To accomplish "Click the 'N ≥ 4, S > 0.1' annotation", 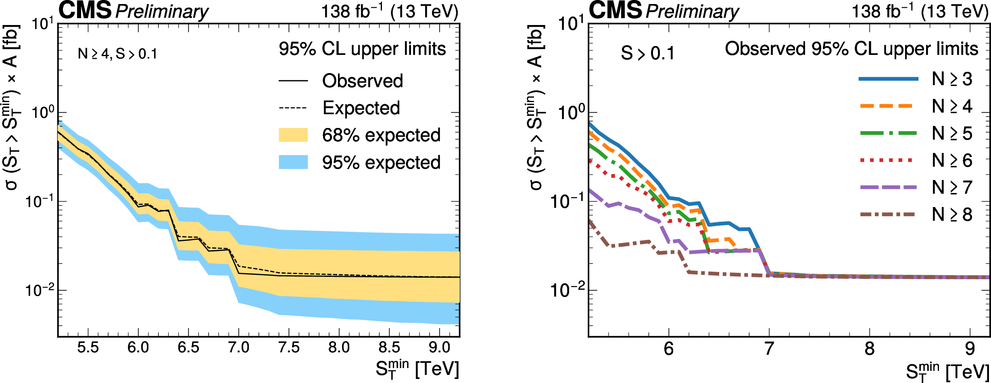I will coord(117,54).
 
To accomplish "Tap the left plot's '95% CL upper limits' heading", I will coord(362,49).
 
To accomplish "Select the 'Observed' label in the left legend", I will coord(362,81).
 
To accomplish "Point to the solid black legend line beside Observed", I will coord(293,81).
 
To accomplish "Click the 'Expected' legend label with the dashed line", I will coord(361,108).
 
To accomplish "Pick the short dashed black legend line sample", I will coord(293,108).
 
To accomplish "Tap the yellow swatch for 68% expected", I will coord(293,135).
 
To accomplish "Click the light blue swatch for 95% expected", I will coord(293,162).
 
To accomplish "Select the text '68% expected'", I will coord(381,135).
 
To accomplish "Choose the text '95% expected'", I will coord(381,163).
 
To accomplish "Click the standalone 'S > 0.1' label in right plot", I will coord(647,53).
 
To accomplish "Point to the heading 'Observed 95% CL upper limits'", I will coord(851,49).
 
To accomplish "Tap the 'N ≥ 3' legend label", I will coord(952,79).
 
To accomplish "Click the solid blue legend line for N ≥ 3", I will coord(888,79).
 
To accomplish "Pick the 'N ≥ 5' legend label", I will coord(952,133).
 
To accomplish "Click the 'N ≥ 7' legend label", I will coord(952,187).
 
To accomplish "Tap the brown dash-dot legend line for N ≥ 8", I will coord(887,214).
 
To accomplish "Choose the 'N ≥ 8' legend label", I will coord(952,214).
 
